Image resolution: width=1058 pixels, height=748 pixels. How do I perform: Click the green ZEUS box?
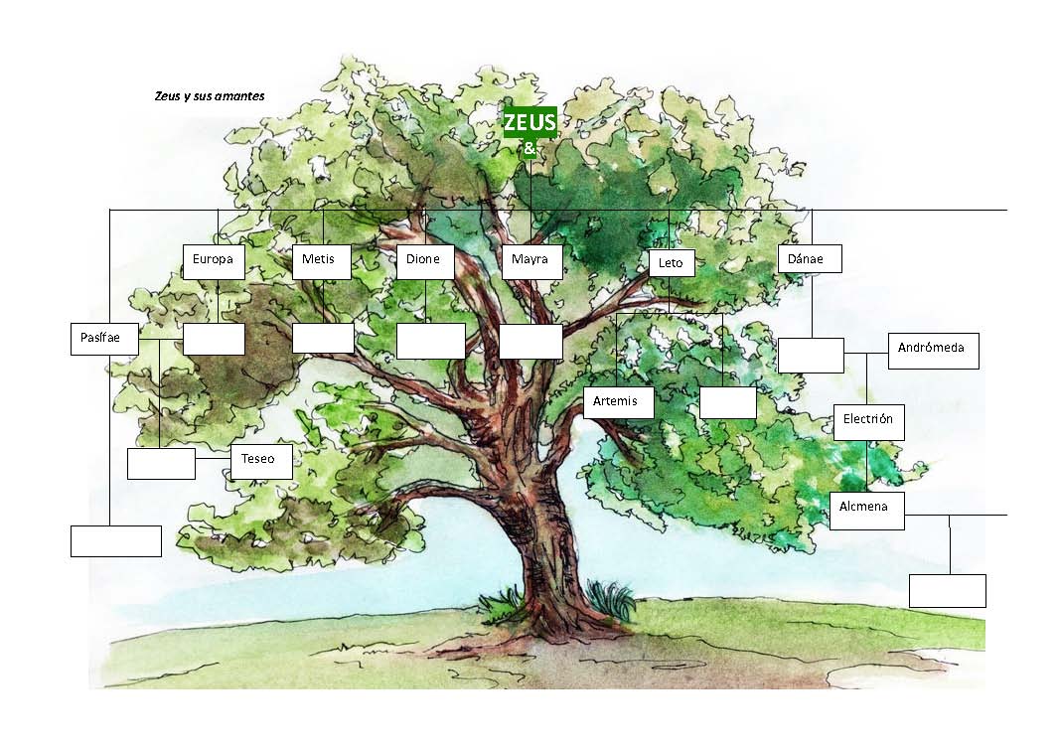click(529, 122)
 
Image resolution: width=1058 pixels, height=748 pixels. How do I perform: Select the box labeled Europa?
click(214, 261)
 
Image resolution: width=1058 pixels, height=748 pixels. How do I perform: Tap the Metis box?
click(321, 261)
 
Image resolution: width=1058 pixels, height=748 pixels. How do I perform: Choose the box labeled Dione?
click(424, 261)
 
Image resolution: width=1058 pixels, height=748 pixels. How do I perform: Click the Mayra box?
click(530, 261)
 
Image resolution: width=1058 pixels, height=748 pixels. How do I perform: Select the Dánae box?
click(809, 258)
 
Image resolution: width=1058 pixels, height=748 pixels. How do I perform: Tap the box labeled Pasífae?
click(102, 338)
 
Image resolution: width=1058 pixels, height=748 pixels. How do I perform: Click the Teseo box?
click(262, 461)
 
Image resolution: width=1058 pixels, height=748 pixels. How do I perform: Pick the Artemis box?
click(618, 402)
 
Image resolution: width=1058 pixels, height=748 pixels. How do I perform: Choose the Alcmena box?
click(866, 510)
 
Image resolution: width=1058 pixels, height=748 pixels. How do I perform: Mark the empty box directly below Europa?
click(214, 339)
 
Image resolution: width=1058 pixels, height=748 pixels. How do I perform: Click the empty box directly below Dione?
click(430, 341)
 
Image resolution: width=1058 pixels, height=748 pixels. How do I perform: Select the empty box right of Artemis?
click(727, 402)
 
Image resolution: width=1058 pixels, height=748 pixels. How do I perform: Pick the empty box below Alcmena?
click(947, 590)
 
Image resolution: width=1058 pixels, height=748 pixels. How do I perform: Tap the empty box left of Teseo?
click(161, 463)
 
